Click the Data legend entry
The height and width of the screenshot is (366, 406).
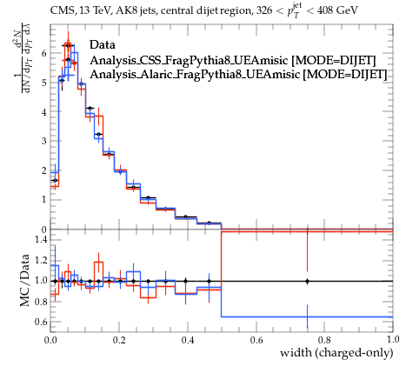(x=103, y=45)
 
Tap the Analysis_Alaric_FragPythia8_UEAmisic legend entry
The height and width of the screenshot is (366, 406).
(x=238, y=75)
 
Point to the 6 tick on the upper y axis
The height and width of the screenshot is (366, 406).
(x=43, y=53)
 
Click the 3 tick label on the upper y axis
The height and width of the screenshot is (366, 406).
(x=43, y=141)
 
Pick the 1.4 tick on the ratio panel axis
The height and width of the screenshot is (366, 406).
(x=41, y=240)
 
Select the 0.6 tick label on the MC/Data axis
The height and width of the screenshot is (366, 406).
(x=41, y=322)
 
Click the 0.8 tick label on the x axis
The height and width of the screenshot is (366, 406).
(x=324, y=339)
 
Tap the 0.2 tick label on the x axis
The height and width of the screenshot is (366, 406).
(x=119, y=339)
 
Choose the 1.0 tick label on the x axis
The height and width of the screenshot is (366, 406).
(x=393, y=339)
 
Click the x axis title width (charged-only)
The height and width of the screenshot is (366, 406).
(x=336, y=353)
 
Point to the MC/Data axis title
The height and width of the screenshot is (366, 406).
(x=25, y=280)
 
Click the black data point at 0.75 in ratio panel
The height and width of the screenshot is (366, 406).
(x=307, y=281)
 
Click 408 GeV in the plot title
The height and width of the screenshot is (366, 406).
(x=337, y=10)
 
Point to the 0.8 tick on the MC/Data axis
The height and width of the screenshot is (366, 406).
(x=41, y=302)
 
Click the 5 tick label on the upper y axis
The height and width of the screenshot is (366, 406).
(x=43, y=83)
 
